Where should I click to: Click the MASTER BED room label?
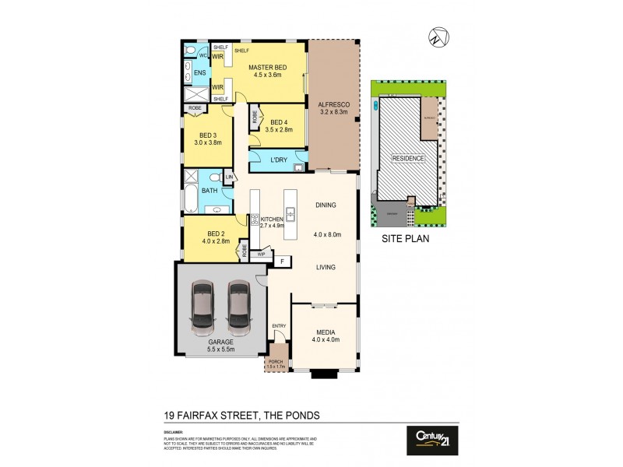pos(267,68)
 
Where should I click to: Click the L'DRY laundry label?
pos(279,160)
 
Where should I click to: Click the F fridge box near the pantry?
pos(280,261)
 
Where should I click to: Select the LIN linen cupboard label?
pos(228,178)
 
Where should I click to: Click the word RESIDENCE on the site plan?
pos(408,158)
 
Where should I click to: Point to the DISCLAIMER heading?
pos(174,431)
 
